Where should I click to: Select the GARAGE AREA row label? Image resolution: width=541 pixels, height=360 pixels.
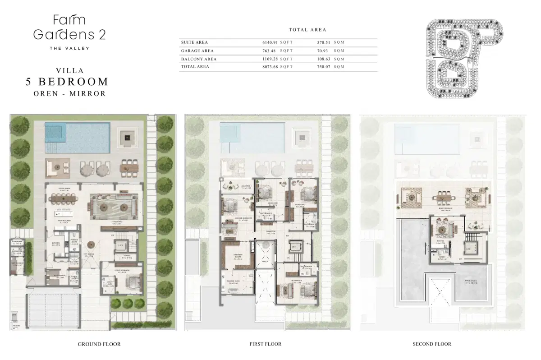(x=197, y=51)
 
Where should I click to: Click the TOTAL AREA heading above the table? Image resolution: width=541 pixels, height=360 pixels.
(x=307, y=30)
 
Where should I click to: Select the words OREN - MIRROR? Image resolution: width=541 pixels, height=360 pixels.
(x=69, y=94)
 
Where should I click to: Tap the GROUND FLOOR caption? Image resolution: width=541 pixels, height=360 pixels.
(x=99, y=344)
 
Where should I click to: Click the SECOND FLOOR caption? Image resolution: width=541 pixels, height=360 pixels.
(x=432, y=344)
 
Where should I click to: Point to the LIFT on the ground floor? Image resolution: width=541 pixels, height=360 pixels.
(x=120, y=246)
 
